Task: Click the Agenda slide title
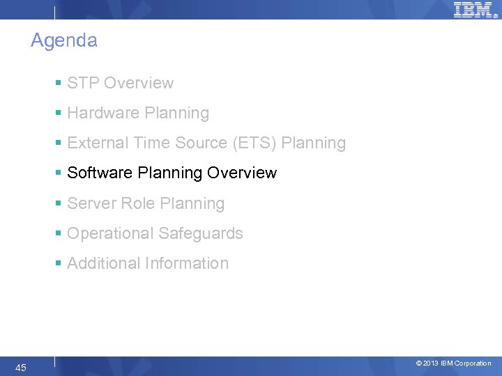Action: tap(64, 41)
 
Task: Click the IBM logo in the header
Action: tap(474, 10)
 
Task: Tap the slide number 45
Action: tap(21, 368)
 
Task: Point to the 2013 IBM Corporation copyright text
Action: tap(453, 363)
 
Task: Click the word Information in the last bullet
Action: tap(186, 264)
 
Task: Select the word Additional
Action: tap(103, 264)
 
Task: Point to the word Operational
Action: tap(109, 234)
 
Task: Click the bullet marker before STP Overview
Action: tap(59, 84)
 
